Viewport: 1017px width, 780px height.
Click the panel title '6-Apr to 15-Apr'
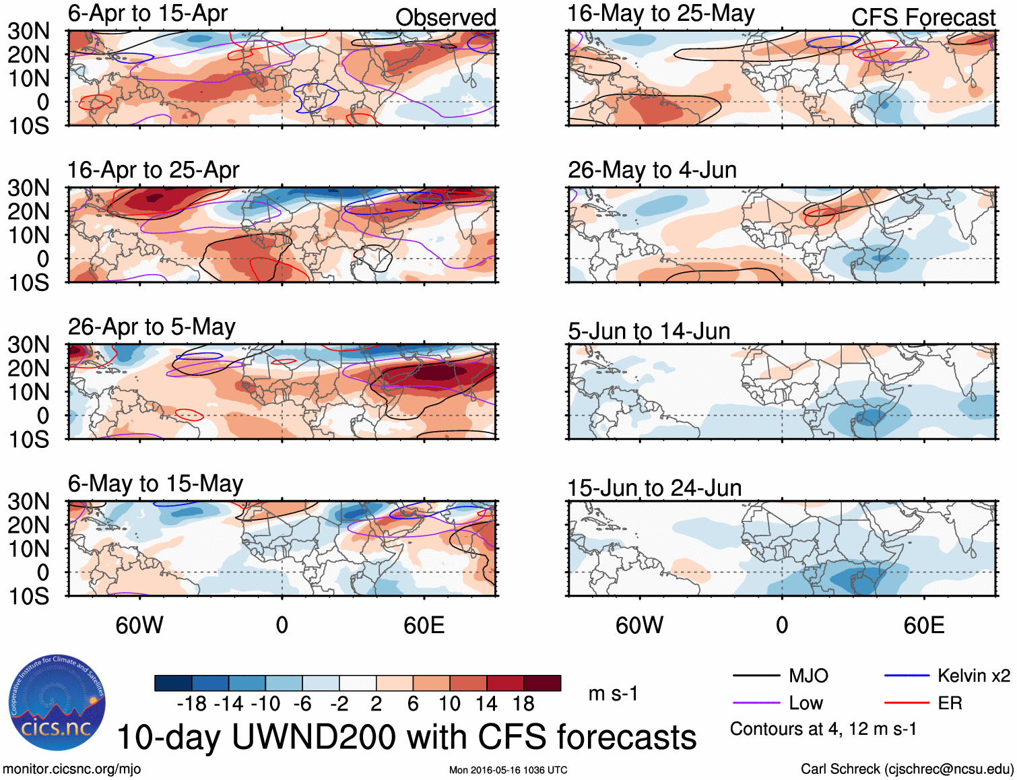coord(147,13)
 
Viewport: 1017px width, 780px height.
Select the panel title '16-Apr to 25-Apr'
coord(153,170)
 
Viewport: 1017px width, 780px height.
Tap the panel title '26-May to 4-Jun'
coord(652,170)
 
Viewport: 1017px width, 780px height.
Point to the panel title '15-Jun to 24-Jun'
coord(654,488)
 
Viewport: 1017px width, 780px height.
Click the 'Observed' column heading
coord(445,18)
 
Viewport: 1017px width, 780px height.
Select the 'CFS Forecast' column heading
coord(923,18)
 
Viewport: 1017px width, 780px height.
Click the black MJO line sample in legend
coord(756,676)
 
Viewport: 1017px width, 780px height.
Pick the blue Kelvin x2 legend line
coord(907,676)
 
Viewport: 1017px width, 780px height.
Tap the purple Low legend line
coord(756,703)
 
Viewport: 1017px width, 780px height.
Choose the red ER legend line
coord(907,703)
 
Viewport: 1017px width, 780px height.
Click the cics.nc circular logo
coord(57,703)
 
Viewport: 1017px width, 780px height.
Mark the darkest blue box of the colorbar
coord(173,683)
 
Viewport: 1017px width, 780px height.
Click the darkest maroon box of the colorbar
coord(542,683)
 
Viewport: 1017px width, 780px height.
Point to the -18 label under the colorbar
coord(192,704)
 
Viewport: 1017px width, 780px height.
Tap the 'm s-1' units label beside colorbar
coord(613,694)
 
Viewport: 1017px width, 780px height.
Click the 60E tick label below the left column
coord(424,625)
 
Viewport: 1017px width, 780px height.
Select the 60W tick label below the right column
coord(639,625)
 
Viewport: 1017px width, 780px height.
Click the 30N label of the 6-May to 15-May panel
coord(28,502)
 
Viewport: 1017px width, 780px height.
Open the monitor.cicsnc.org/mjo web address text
coord(71,769)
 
